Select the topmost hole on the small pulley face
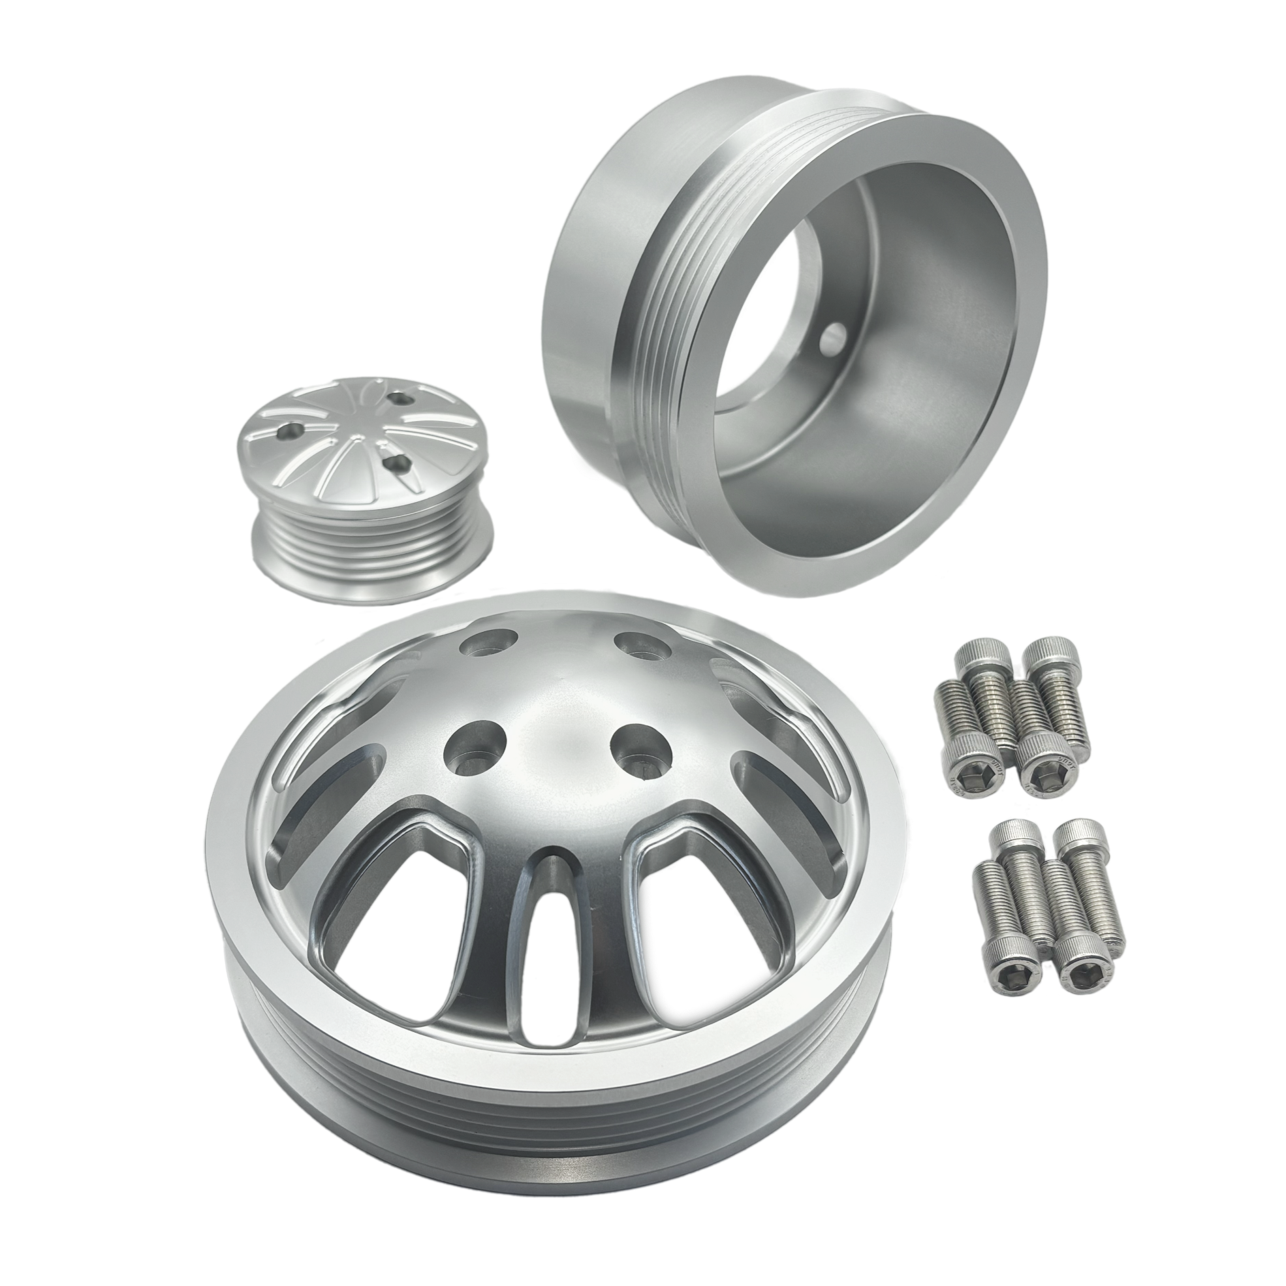[x=401, y=398]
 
